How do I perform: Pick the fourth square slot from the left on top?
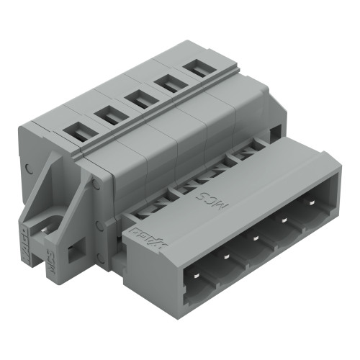168,83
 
